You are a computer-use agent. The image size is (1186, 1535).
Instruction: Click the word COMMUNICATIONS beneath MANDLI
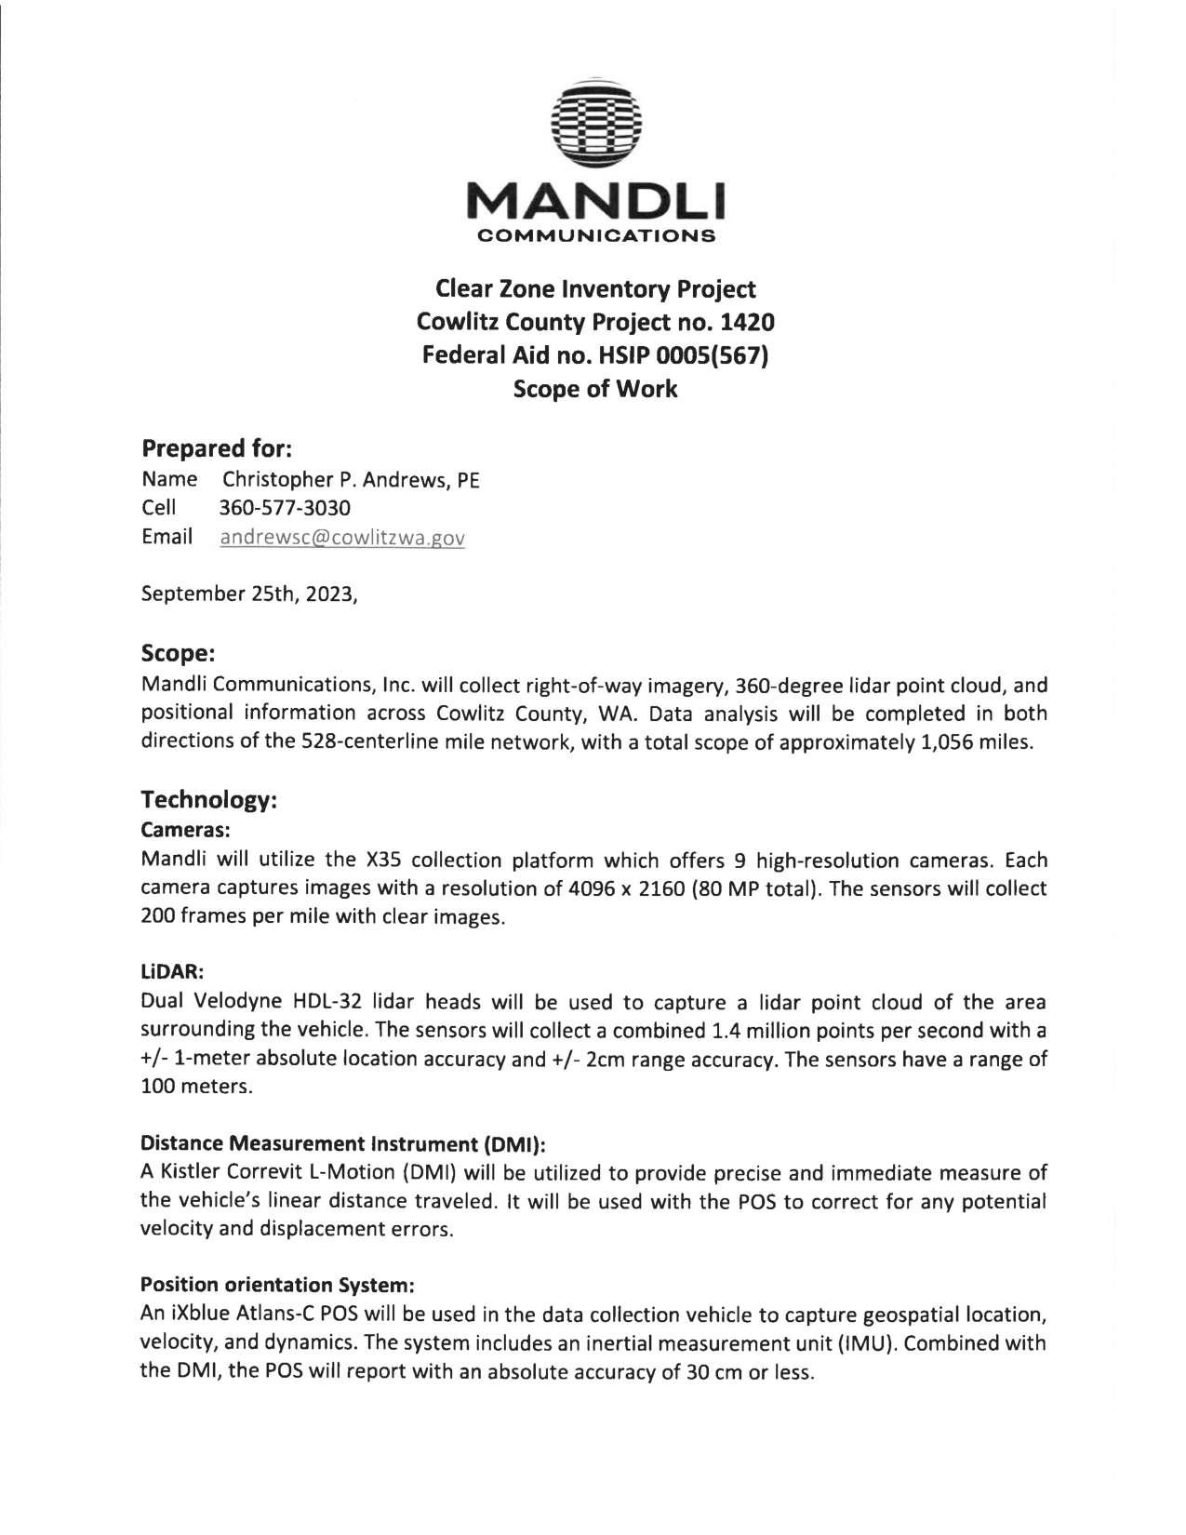coord(596,235)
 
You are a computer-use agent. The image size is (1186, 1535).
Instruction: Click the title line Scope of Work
coord(596,389)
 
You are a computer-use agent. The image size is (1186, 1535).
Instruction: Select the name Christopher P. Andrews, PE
coord(350,481)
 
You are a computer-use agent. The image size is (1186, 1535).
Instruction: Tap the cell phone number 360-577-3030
coord(285,509)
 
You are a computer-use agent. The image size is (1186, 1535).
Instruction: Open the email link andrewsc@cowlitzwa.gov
coord(341,538)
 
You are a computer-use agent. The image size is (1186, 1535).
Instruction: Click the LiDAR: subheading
coord(171,971)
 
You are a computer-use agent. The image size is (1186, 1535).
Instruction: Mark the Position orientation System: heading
coord(276,1286)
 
